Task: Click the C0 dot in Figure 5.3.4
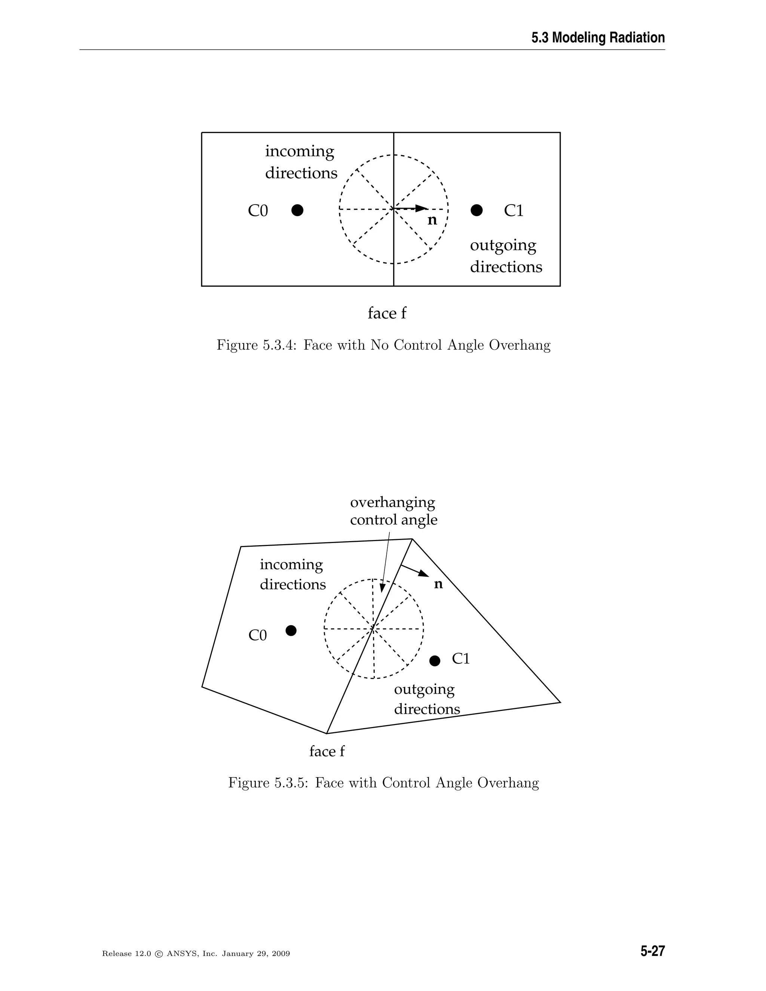pyautogui.click(x=297, y=210)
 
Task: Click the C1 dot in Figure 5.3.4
pyautogui.click(x=477, y=210)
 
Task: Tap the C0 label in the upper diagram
pyautogui.click(x=258, y=211)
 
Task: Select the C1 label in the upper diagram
pyautogui.click(x=514, y=211)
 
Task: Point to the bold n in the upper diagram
pyautogui.click(x=432, y=221)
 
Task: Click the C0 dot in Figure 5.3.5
pyautogui.click(x=291, y=630)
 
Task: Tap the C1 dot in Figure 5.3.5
pyautogui.click(x=435, y=661)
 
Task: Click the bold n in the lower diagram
pyautogui.click(x=438, y=585)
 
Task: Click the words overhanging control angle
pyautogui.click(x=393, y=511)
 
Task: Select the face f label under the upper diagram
pyautogui.click(x=387, y=313)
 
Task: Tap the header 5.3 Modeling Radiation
pyautogui.click(x=598, y=38)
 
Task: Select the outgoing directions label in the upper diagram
pyautogui.click(x=506, y=256)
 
